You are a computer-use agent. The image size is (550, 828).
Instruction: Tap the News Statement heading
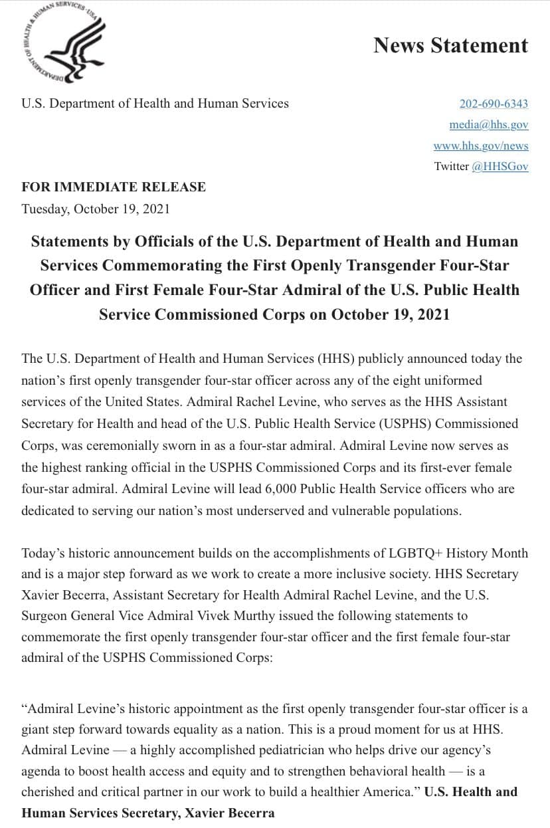point(450,45)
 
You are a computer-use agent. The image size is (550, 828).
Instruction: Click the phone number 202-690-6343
point(494,104)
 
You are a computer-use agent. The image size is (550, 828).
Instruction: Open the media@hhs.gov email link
point(488,124)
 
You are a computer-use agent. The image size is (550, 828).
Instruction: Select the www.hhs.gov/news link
point(481,146)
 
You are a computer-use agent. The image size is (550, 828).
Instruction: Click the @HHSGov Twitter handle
point(500,166)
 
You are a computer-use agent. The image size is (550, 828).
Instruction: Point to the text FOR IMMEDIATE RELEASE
point(114,187)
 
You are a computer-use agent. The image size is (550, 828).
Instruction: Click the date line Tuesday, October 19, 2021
point(96,209)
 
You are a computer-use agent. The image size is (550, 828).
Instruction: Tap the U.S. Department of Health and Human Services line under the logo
point(155,104)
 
